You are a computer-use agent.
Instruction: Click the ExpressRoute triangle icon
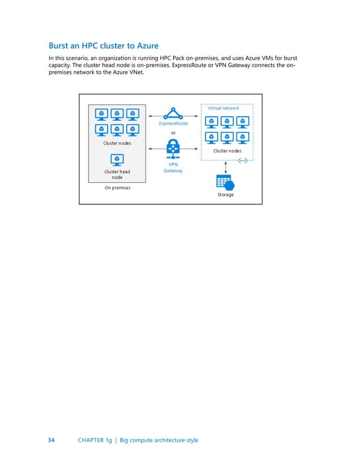tap(173, 112)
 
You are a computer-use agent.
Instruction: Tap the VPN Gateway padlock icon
tap(173, 148)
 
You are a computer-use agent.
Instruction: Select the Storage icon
tap(225, 182)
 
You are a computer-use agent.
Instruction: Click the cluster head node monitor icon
tap(117, 160)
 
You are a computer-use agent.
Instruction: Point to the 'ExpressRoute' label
tap(173, 123)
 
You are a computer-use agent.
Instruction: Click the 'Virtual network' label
tap(223, 108)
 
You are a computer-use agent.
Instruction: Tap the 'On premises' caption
tap(117, 188)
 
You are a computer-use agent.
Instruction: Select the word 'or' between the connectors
tap(173, 133)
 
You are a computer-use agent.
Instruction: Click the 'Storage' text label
tap(226, 195)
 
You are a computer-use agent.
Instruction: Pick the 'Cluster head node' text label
tap(117, 174)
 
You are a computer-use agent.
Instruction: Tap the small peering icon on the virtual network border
tap(243, 160)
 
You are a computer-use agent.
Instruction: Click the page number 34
tap(51, 440)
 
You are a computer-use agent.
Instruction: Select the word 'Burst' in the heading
tap(61, 46)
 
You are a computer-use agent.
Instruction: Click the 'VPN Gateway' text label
tap(173, 168)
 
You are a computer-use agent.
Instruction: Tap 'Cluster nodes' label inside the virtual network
tap(227, 151)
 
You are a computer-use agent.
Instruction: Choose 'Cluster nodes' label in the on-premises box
tap(117, 143)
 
